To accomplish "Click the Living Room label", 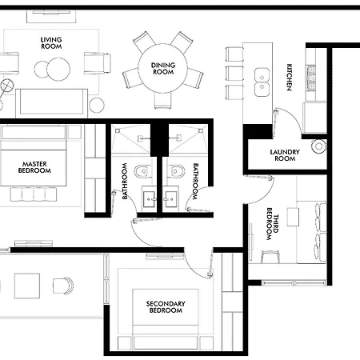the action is coord(51,43).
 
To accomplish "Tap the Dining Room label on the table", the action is coord(163,69).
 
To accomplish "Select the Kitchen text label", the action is coord(289,77).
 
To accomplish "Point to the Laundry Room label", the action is coord(285,155).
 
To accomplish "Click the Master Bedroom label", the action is coord(34,167).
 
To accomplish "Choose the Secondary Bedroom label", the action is coord(166,307).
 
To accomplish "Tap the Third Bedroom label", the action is coord(273,224).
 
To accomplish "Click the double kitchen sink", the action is coord(262,82).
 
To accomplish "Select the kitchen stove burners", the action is coord(311,78).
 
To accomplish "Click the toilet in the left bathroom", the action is coord(142,171).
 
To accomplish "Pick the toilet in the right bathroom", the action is coord(176,171).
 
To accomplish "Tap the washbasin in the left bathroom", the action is coord(149,199).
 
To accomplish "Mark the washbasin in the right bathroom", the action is coord(170,199).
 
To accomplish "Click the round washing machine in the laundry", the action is coord(319,146).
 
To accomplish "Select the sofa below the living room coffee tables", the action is coord(51,103).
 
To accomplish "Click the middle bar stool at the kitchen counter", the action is coord(234,74).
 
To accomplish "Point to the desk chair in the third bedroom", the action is coord(270,257).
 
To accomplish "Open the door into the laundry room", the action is coord(288,122).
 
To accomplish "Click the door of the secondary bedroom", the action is coord(198,264).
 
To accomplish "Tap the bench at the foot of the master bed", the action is coord(34,194).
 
